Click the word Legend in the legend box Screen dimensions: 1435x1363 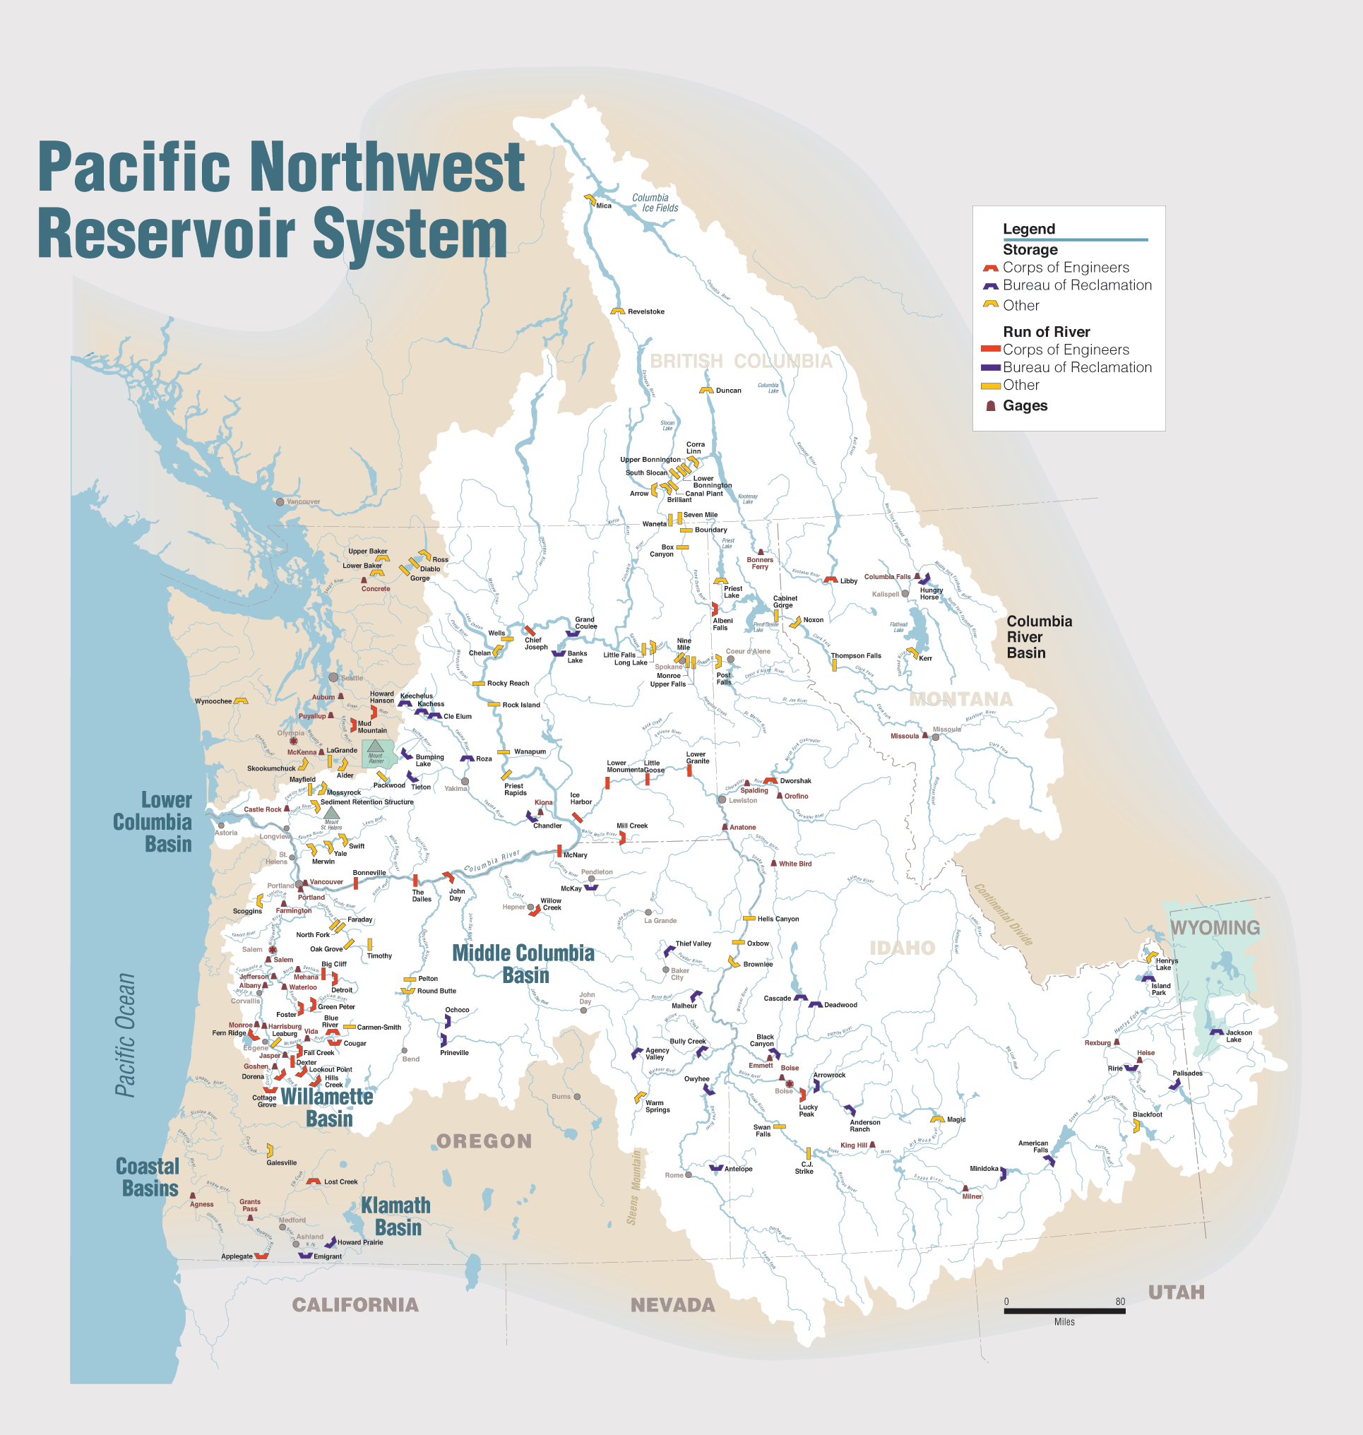coord(1028,229)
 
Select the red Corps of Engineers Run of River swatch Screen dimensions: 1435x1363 coord(990,350)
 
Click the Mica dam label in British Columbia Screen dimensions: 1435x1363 coord(604,206)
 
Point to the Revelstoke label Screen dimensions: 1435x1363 coord(645,311)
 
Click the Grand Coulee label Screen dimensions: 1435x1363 coord(585,623)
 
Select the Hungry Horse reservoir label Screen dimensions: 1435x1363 coord(931,594)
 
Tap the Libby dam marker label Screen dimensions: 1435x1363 coord(848,580)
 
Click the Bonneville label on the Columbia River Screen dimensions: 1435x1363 coord(369,873)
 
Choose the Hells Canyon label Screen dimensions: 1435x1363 coord(778,919)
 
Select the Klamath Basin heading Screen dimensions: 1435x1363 coord(397,1216)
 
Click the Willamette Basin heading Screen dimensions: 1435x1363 coord(327,1107)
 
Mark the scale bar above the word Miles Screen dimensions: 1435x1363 coord(1064,1311)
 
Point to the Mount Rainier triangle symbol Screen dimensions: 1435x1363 coord(375,746)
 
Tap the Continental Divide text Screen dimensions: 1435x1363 coord(1003,913)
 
